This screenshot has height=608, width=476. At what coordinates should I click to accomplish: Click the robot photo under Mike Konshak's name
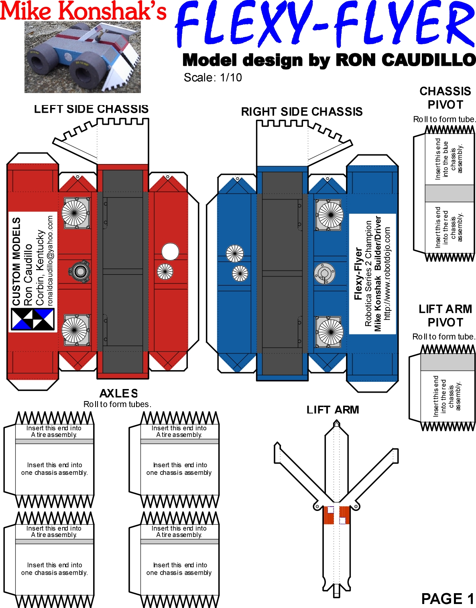click(83, 57)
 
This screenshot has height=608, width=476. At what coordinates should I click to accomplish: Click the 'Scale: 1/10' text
click(213, 77)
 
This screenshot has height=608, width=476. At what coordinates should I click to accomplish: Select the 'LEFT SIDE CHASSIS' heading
click(91, 109)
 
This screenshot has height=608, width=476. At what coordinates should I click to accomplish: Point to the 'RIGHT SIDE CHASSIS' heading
click(301, 112)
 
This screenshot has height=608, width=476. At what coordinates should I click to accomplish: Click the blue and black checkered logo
click(33, 319)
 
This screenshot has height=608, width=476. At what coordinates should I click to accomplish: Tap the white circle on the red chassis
click(170, 251)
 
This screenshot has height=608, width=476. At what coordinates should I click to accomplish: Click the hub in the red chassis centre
click(80, 272)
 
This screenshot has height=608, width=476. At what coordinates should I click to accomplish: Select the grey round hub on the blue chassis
click(324, 274)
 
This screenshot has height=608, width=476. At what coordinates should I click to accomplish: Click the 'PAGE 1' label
click(448, 599)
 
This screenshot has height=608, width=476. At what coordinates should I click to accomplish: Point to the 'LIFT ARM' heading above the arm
click(333, 410)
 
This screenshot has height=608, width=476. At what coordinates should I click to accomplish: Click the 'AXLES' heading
click(118, 393)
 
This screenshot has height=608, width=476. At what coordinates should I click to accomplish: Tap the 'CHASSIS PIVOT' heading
click(445, 98)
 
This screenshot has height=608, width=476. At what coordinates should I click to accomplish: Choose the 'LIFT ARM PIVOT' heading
click(445, 316)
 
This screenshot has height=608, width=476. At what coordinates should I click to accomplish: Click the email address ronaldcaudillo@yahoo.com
click(50, 261)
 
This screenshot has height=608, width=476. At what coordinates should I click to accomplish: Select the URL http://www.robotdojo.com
click(387, 274)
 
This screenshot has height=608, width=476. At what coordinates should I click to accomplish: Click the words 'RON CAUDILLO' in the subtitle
click(405, 60)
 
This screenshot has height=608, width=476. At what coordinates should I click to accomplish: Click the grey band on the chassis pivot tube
click(450, 193)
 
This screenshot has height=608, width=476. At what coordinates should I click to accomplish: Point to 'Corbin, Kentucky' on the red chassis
click(40, 267)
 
